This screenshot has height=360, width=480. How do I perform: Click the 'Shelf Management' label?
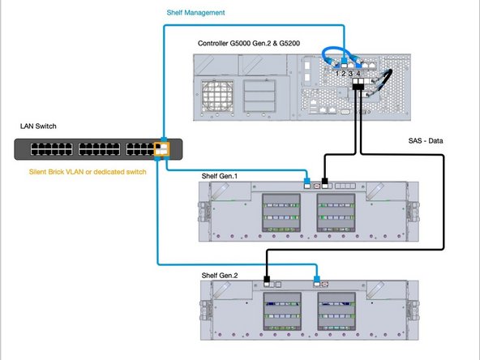tap(195, 14)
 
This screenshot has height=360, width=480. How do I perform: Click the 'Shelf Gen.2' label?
tap(220, 276)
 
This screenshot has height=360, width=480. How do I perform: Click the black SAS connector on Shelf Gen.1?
tap(326, 183)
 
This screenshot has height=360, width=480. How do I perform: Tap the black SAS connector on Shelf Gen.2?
tap(267, 284)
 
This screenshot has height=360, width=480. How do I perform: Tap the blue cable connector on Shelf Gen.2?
tap(317, 284)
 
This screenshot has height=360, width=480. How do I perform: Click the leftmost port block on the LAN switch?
tap(45, 148)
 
